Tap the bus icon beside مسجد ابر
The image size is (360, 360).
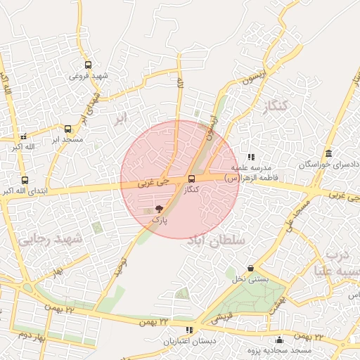67,129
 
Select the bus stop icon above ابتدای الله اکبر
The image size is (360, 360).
25,180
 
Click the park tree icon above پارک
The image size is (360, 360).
160,209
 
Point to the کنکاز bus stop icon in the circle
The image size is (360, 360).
192,179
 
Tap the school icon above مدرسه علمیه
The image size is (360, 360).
251,157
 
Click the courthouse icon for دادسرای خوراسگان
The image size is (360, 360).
329,153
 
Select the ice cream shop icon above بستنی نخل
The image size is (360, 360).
251,268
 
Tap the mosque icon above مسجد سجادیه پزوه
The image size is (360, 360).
280,340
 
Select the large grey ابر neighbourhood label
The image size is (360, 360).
122,118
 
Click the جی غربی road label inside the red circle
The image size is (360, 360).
153,182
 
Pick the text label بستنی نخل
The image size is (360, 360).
251,279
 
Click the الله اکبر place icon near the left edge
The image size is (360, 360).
23,136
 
